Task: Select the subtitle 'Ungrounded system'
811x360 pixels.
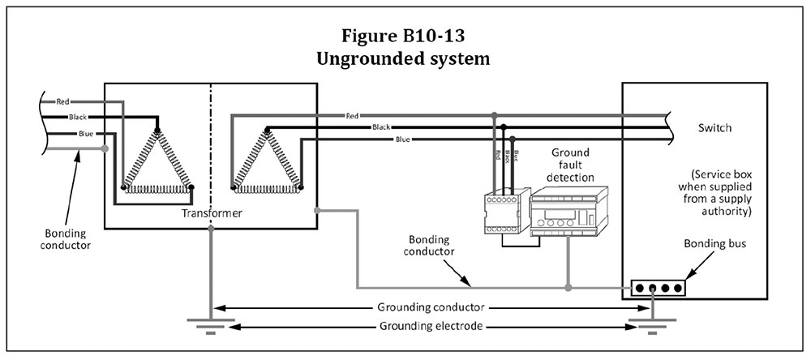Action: click(405, 59)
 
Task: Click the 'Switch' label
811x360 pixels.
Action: click(714, 128)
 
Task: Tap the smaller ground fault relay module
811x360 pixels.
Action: click(501, 215)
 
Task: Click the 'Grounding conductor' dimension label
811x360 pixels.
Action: click(431, 308)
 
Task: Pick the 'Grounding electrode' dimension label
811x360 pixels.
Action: click(431, 327)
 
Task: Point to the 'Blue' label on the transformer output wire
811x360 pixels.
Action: click(402, 139)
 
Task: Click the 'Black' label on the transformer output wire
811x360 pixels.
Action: click(381, 127)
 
